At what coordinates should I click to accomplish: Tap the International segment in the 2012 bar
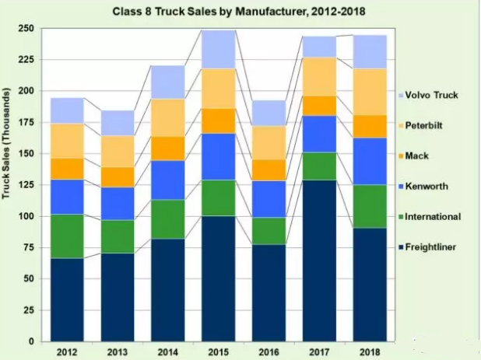[x=68, y=236]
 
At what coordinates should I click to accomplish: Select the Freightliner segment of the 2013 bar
[x=117, y=297]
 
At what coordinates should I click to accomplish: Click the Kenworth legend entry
[x=427, y=187]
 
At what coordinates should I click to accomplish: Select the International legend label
[x=434, y=217]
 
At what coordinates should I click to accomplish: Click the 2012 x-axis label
[x=68, y=352]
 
